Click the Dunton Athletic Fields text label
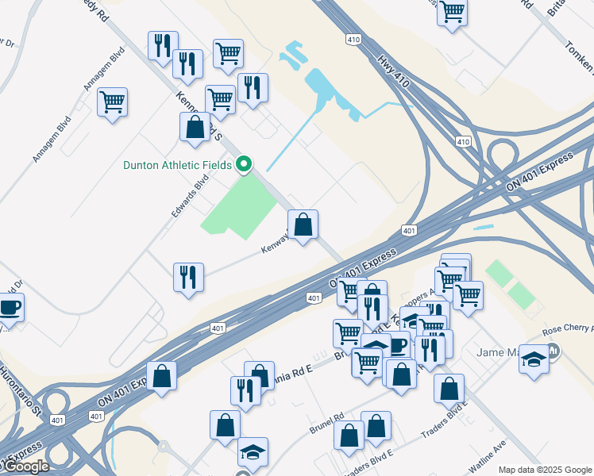tap(177, 165)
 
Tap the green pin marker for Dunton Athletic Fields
tap(244, 164)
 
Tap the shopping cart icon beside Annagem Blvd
tap(112, 102)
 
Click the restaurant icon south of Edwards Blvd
tap(188, 277)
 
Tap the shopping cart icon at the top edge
tap(452, 12)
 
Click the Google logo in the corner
tap(26, 466)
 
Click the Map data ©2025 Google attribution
tap(545, 470)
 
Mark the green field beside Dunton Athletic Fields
tap(240, 204)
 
